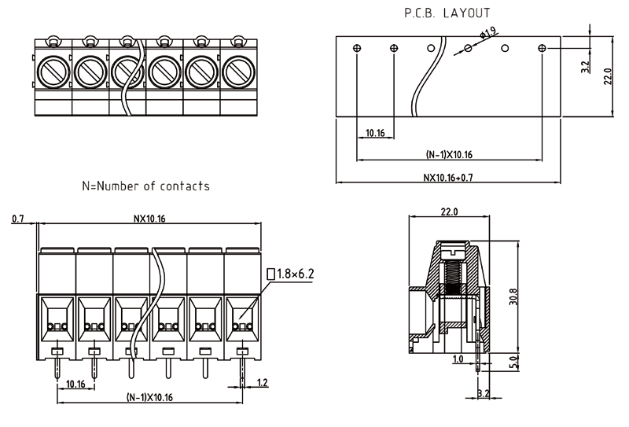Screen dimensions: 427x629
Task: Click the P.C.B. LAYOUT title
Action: (x=447, y=13)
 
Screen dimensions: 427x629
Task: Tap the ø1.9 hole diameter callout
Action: (x=488, y=32)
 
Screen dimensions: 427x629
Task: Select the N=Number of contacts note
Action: (x=145, y=186)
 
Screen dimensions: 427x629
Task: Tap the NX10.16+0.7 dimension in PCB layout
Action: (x=449, y=177)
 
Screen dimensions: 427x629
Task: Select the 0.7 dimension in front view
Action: (x=18, y=219)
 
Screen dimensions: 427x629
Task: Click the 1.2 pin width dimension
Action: (x=262, y=382)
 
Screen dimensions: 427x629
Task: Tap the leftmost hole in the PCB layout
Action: (x=357, y=49)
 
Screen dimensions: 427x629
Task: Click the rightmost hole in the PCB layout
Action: (x=542, y=49)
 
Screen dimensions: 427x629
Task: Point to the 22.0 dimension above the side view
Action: (x=449, y=212)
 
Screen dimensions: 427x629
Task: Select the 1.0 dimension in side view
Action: (x=457, y=359)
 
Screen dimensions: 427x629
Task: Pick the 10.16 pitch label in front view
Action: (x=75, y=383)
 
